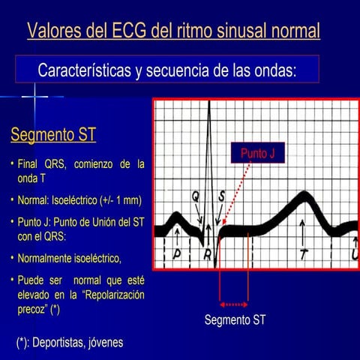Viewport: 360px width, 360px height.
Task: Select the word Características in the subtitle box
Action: pos(83,70)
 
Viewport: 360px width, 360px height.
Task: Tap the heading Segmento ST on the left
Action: pos(53,136)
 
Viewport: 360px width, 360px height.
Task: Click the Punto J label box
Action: pos(257,154)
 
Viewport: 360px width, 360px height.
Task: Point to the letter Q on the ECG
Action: pos(195,196)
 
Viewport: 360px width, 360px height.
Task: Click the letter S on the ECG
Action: pos(221,196)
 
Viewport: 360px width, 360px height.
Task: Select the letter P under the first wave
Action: pos(178,254)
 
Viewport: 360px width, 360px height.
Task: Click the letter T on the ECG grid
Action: pos(303,255)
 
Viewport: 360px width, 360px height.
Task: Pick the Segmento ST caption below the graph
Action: pos(235,320)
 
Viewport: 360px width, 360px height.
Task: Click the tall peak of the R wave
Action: pos(209,112)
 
